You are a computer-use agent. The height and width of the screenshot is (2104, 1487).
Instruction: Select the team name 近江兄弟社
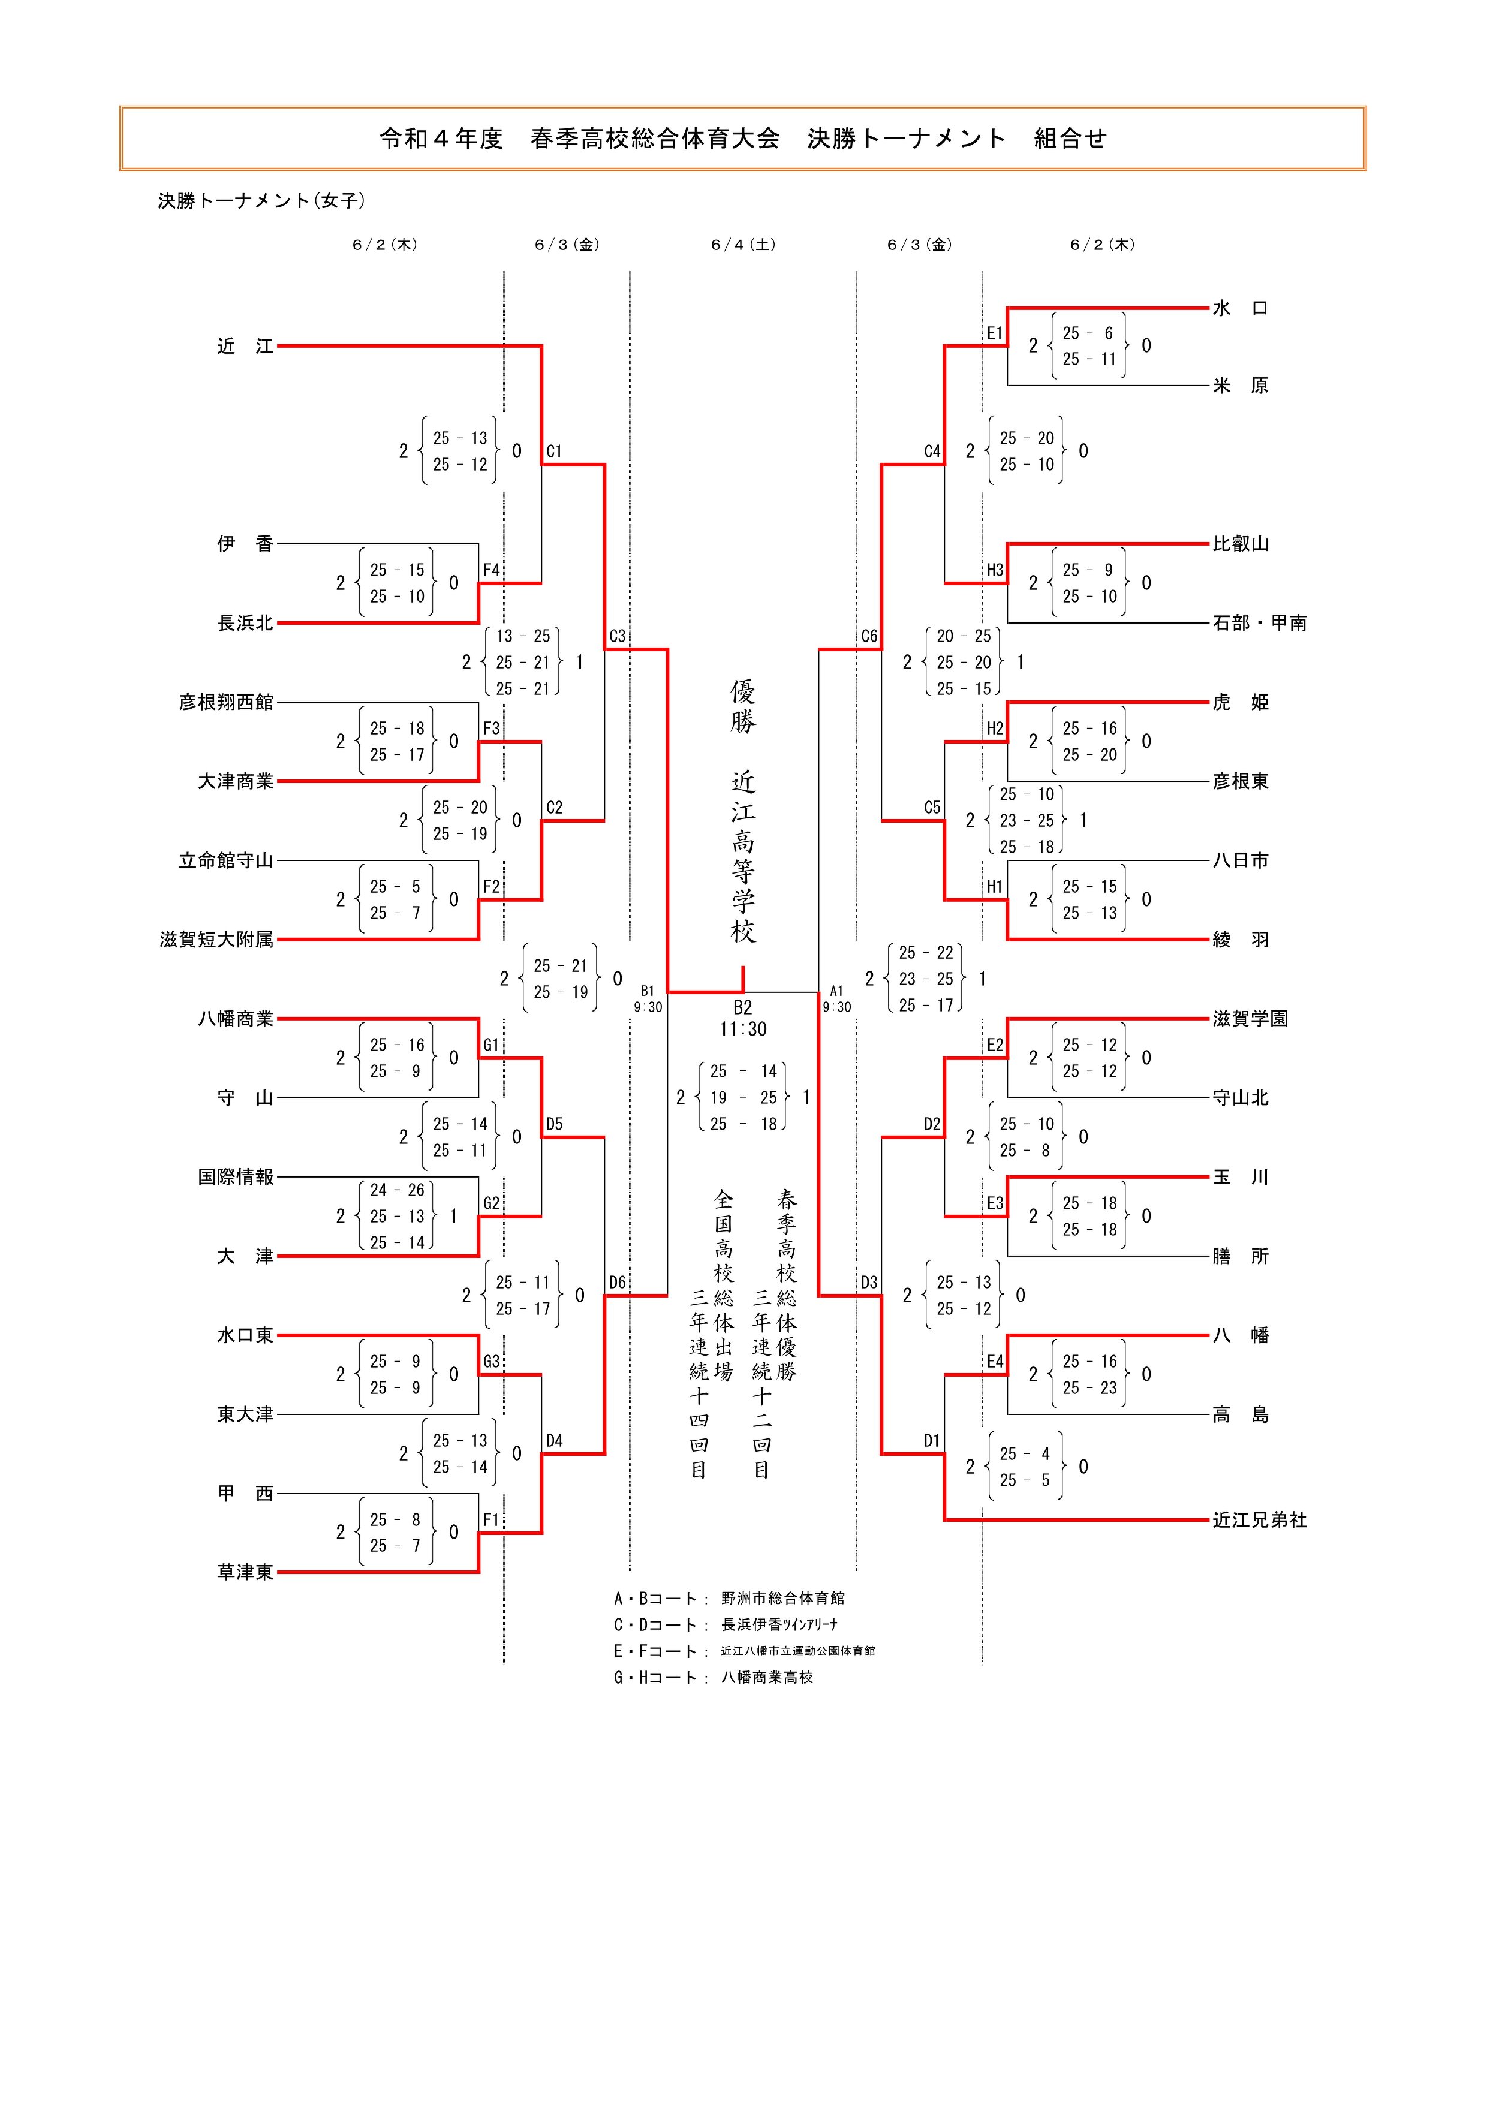point(1259,1520)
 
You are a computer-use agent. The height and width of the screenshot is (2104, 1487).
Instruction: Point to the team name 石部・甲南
point(1259,623)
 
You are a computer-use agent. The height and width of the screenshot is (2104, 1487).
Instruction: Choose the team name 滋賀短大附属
point(216,940)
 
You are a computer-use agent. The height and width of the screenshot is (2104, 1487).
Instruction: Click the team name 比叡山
point(1241,543)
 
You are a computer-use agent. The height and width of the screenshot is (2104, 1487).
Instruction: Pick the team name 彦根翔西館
point(225,702)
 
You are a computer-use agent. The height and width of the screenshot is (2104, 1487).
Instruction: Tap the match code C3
point(618,636)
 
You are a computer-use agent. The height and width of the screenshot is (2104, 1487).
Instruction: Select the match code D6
point(618,1282)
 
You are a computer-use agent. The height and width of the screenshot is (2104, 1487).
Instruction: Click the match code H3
point(995,570)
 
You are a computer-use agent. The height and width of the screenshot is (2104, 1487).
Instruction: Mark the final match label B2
point(742,1008)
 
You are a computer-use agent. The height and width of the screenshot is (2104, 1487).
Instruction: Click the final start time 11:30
point(742,1029)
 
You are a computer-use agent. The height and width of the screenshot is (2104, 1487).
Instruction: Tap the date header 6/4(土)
point(742,245)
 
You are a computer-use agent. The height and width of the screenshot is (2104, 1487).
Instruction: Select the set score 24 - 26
point(397,1190)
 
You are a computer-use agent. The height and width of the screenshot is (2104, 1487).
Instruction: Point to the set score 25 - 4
point(1026,1453)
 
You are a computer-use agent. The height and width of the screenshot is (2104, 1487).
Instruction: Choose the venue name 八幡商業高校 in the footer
point(767,1677)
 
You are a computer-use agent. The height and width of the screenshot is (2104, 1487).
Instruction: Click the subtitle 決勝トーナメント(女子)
point(261,201)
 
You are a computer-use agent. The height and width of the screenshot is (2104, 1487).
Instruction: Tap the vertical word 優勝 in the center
point(742,706)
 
